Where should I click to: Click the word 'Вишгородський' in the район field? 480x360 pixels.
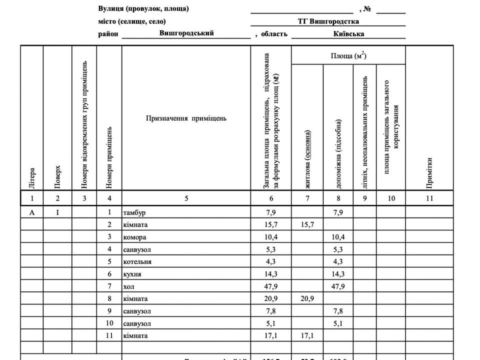186,33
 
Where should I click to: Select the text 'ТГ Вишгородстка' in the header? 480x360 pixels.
328,21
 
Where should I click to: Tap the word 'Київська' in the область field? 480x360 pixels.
348,34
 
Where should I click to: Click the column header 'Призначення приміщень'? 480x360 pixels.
186,118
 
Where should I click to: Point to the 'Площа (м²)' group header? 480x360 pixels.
348,55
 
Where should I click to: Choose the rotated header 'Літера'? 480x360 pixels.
32,178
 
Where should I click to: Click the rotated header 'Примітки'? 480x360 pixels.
429,173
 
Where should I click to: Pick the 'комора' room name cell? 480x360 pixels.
134,237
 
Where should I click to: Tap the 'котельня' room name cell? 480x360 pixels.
137,261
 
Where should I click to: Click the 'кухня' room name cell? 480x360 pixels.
132,274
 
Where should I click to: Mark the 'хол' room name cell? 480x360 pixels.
128,286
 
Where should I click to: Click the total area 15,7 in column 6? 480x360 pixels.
270,225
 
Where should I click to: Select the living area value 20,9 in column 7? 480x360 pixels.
307,298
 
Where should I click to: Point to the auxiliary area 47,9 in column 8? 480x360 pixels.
339,286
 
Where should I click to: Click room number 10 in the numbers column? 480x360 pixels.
109,323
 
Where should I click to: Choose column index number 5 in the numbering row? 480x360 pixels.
186,198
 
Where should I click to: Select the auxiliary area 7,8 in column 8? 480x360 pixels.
339,311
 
